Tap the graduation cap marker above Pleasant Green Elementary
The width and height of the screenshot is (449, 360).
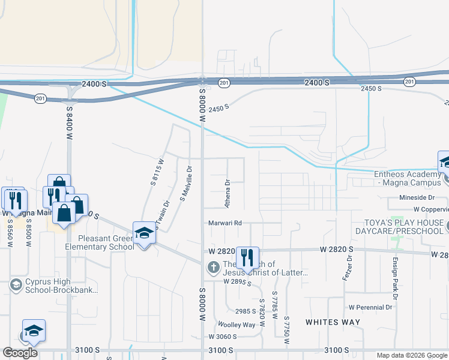click(144, 232)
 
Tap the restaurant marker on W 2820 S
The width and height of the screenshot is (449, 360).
click(248, 259)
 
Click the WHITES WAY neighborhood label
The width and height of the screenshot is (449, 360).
click(333, 322)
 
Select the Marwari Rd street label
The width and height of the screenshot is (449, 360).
click(225, 223)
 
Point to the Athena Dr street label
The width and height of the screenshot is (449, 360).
click(228, 194)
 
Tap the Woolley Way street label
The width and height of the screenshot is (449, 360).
click(240, 325)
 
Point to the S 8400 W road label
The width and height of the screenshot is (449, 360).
click(70, 124)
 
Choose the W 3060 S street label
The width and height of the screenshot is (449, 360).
click(223, 337)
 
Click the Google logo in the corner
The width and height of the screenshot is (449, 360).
click(19, 353)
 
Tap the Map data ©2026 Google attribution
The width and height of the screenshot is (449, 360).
click(411, 355)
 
